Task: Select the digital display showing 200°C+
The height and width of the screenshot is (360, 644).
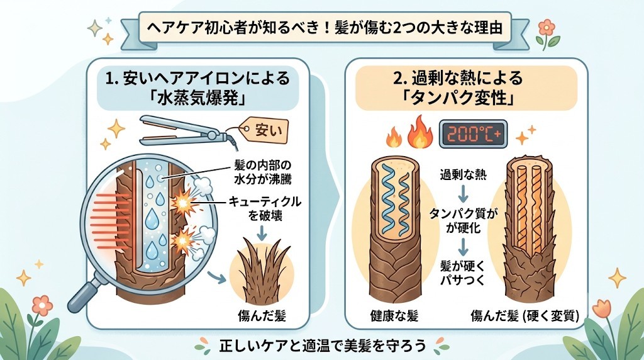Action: tap(473, 134)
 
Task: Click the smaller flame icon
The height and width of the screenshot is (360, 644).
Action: tap(394, 137)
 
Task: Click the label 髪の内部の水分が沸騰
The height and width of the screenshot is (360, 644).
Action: tap(262, 172)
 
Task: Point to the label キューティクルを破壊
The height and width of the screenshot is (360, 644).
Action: tap(265, 208)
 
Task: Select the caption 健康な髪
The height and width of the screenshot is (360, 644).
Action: tap(394, 316)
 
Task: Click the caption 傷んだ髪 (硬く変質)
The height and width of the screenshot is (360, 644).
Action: tap(525, 316)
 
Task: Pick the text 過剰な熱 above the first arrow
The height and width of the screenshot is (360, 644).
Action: tap(464, 175)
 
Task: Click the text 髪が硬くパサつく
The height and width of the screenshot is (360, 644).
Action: tap(463, 274)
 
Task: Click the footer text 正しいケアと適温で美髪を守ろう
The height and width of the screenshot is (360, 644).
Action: tap(322, 346)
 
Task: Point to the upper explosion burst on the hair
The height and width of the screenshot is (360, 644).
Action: tap(182, 202)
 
